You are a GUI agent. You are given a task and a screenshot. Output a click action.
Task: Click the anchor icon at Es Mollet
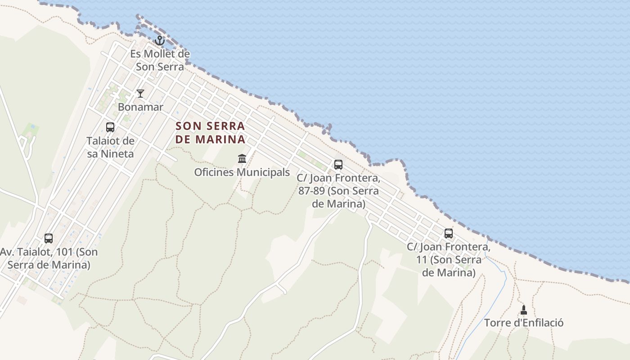pos(159,41)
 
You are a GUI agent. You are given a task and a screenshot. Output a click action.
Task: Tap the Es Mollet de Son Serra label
pos(160,60)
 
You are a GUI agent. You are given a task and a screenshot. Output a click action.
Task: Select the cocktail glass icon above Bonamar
pos(140,94)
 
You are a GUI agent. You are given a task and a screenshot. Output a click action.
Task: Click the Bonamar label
pos(140,107)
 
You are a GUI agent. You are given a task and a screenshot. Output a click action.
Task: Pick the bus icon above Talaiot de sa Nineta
pos(110,127)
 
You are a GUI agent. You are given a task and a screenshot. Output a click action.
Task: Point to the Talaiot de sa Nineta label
pos(110,147)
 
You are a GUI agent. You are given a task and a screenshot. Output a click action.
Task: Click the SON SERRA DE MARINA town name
pos(211,132)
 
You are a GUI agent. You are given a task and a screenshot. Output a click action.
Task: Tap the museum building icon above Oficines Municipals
pos(242,158)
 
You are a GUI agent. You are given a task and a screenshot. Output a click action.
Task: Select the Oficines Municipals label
pos(242,172)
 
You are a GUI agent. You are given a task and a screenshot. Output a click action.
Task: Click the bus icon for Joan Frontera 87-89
pos(338,165)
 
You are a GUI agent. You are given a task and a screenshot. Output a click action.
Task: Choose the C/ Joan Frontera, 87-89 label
pos(338,191)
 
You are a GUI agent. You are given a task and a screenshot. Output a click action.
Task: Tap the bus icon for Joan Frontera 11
pos(449,234)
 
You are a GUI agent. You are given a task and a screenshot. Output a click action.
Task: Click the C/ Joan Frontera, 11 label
pos(449,260)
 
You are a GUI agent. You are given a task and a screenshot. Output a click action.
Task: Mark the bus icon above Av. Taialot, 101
pos(49,238)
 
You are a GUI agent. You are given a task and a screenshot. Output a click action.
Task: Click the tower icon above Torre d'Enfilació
pos(523,310)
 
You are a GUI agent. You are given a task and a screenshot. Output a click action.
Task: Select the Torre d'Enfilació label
pos(524,323)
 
